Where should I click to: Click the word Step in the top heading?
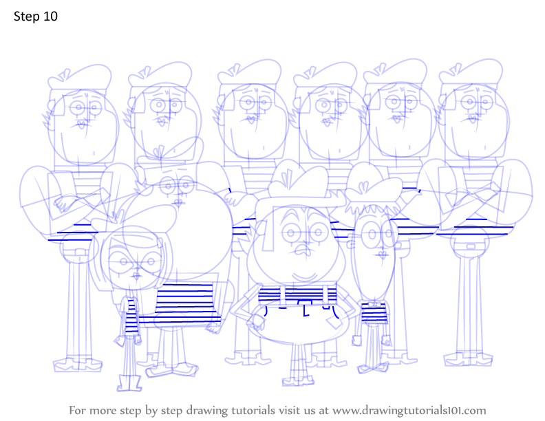point(26,17)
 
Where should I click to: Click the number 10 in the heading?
point(51,16)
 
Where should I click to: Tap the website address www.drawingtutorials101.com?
point(409,410)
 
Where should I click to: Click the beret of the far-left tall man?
point(81,77)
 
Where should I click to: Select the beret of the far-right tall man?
point(471,72)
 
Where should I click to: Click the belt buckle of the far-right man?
point(471,247)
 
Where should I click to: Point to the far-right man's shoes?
point(468,360)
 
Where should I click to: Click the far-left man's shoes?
point(78,365)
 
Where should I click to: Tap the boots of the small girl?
point(129,382)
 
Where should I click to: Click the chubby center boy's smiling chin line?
point(305,277)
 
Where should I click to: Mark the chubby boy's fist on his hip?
point(256,321)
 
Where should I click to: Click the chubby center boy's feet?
point(298,381)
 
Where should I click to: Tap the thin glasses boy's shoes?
point(373,368)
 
